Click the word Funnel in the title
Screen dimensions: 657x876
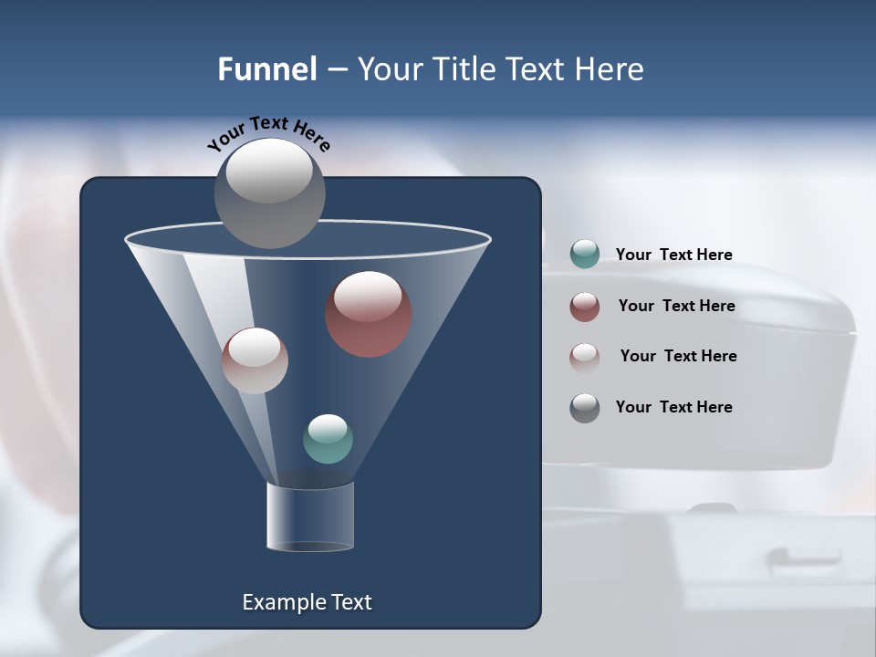tap(266, 69)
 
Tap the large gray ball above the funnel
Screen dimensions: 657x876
tap(269, 193)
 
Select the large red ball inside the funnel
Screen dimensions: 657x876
tap(368, 314)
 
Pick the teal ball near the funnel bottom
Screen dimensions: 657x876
tap(328, 439)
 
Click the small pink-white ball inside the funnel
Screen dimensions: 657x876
tap(255, 360)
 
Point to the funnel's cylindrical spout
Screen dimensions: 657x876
tap(310, 516)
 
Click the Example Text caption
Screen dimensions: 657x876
tap(307, 602)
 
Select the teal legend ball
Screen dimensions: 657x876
tap(584, 255)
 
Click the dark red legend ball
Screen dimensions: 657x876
tap(584, 307)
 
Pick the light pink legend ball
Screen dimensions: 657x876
tap(584, 357)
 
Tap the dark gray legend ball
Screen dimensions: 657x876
tap(584, 408)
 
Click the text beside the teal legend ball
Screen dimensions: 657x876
tap(673, 255)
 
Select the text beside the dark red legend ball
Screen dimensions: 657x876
tap(676, 306)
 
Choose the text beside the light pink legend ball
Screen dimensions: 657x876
tap(678, 356)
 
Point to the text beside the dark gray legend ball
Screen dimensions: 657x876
tap(673, 407)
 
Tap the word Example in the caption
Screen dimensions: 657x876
tap(279, 602)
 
